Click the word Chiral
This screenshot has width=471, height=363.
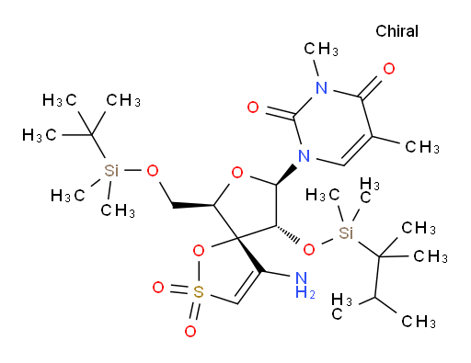(396, 31)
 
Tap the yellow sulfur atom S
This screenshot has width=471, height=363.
(199, 292)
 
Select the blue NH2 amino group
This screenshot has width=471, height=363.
(304, 286)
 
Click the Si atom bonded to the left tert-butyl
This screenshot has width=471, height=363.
(111, 170)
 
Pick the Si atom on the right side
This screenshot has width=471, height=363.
(346, 233)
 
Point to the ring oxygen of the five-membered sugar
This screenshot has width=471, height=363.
(237, 173)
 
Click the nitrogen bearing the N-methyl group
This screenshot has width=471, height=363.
(322, 88)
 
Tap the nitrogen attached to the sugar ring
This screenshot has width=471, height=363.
(304, 156)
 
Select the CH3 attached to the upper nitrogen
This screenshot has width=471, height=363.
(321, 49)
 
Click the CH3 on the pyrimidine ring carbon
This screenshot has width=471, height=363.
(422, 147)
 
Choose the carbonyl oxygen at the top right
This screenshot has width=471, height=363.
(389, 69)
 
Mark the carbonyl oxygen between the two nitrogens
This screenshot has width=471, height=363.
(253, 108)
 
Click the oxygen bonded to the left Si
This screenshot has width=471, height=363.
(153, 171)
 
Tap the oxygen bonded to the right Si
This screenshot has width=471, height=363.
(309, 250)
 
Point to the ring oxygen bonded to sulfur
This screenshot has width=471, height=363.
(199, 251)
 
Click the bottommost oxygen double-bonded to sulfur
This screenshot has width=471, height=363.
(190, 331)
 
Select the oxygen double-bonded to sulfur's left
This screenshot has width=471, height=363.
(158, 288)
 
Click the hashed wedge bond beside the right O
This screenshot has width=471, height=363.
(287, 235)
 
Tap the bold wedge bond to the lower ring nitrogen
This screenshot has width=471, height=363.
(286, 175)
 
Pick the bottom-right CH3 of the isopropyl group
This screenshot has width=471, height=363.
(419, 322)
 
